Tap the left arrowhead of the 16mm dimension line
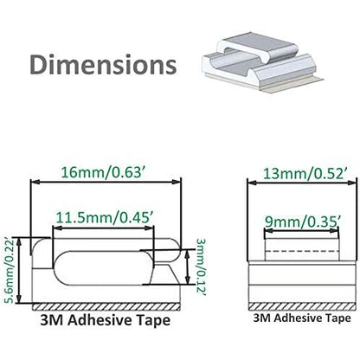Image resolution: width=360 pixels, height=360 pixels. [x=34, y=183]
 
